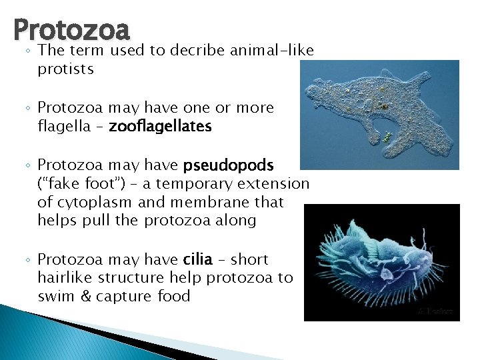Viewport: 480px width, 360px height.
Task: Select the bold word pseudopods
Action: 238,165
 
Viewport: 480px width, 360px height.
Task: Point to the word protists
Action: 65,69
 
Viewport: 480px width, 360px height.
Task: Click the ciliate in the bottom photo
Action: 380,257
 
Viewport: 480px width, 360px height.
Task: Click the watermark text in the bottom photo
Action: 435,311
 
